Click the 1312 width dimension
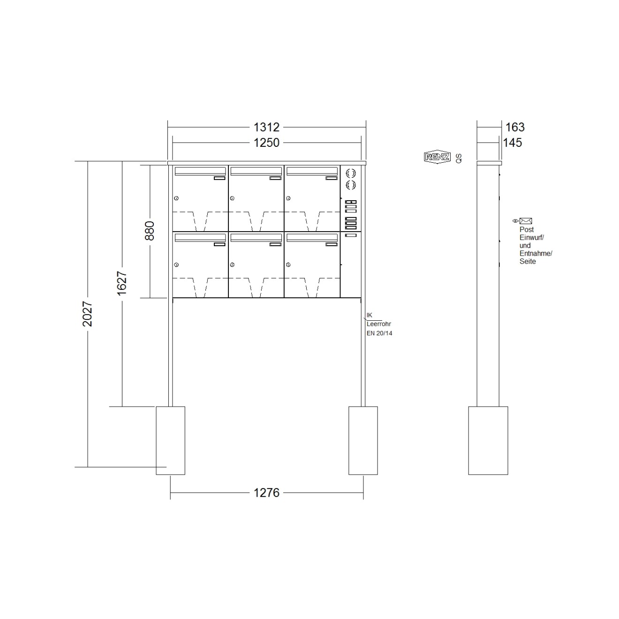coord(266,127)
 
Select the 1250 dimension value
coord(266,143)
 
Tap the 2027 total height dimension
coord(87,314)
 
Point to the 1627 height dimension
coord(122,284)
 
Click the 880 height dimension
coord(150,231)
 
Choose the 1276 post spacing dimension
coord(266,492)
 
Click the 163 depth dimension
coord(515,127)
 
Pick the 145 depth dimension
coord(513,143)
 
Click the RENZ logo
coord(437,157)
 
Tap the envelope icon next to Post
coord(526,221)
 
